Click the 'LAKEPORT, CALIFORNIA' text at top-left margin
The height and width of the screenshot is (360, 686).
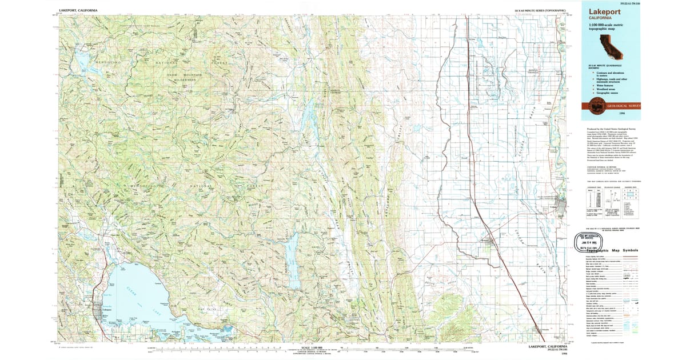tap(78, 10)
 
